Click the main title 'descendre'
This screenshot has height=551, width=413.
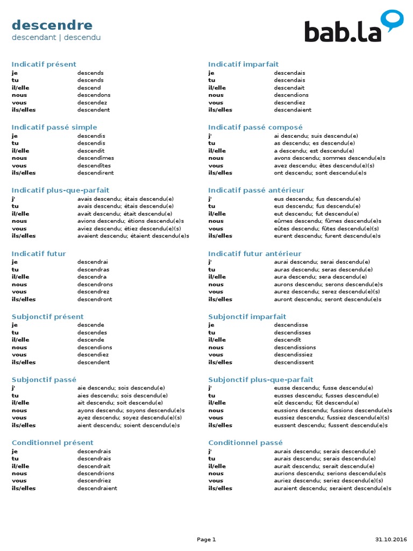click(52, 25)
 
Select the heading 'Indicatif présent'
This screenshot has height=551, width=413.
click(44, 65)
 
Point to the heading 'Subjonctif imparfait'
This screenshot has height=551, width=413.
click(247, 317)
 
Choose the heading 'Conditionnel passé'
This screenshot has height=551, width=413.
click(245, 443)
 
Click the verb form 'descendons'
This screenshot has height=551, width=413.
click(94, 95)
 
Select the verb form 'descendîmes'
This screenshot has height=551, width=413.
click(96, 158)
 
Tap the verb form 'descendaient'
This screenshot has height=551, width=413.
click(293, 110)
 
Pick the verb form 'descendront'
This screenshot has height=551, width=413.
click(95, 299)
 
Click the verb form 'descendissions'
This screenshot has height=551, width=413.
click(295, 348)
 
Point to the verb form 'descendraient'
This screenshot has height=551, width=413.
click(97, 489)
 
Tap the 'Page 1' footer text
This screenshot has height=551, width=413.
click(206, 540)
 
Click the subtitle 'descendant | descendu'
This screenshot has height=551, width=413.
click(56, 38)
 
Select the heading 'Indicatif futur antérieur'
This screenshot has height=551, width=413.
click(255, 254)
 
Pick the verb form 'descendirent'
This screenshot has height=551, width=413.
click(96, 173)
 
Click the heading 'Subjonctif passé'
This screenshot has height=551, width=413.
click(44, 380)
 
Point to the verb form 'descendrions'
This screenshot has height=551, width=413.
click(96, 474)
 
